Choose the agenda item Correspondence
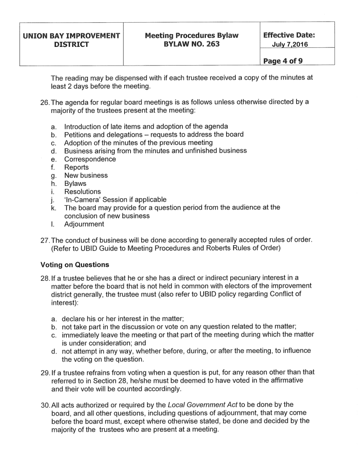(x=90, y=159)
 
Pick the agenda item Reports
(x=76, y=168)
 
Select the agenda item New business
(x=86, y=175)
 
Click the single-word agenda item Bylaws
(x=75, y=184)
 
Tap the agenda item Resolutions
(x=82, y=192)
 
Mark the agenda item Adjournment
(x=84, y=224)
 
